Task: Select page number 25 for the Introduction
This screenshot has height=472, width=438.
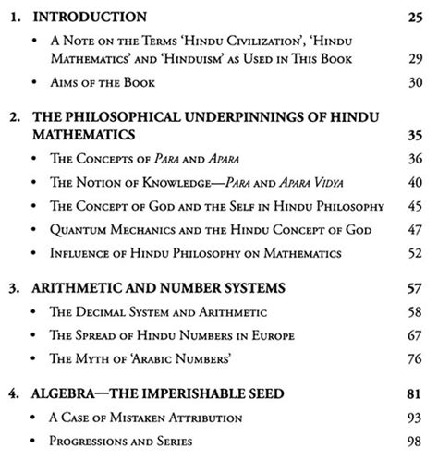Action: point(415,17)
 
